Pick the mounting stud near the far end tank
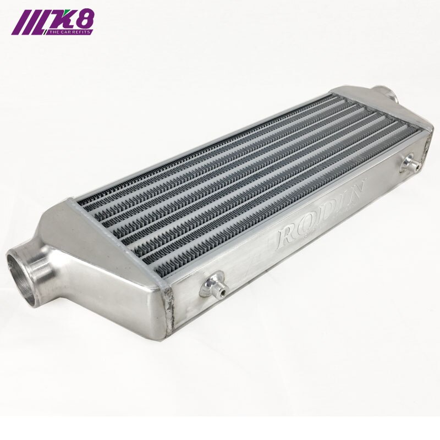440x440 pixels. pos(410,162)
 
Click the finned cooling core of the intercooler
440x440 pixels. pos(242,176)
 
